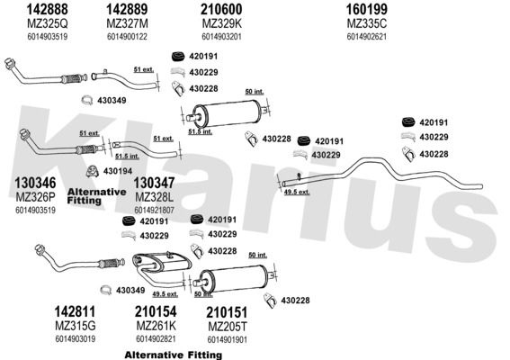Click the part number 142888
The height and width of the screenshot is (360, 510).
47,9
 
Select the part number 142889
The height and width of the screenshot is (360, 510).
127,9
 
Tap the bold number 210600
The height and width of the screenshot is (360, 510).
221,9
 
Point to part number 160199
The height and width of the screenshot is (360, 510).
366,9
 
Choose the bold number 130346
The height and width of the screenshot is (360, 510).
35,183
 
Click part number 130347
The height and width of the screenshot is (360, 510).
154,183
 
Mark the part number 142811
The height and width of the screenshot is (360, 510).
75,311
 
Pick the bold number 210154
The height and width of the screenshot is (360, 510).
156,311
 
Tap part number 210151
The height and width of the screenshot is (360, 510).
227,312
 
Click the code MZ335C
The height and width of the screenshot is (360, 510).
367,23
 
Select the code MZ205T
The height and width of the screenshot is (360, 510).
228,326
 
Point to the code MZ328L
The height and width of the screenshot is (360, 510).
154,197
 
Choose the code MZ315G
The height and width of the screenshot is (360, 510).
76,326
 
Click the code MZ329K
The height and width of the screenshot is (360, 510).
222,23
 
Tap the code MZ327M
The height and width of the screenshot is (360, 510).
127,23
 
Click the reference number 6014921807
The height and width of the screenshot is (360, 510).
154,211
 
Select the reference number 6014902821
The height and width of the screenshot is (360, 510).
156,338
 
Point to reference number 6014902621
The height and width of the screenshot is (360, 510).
367,37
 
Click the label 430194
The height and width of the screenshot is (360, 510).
118,171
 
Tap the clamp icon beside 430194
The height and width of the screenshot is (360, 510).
93,171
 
